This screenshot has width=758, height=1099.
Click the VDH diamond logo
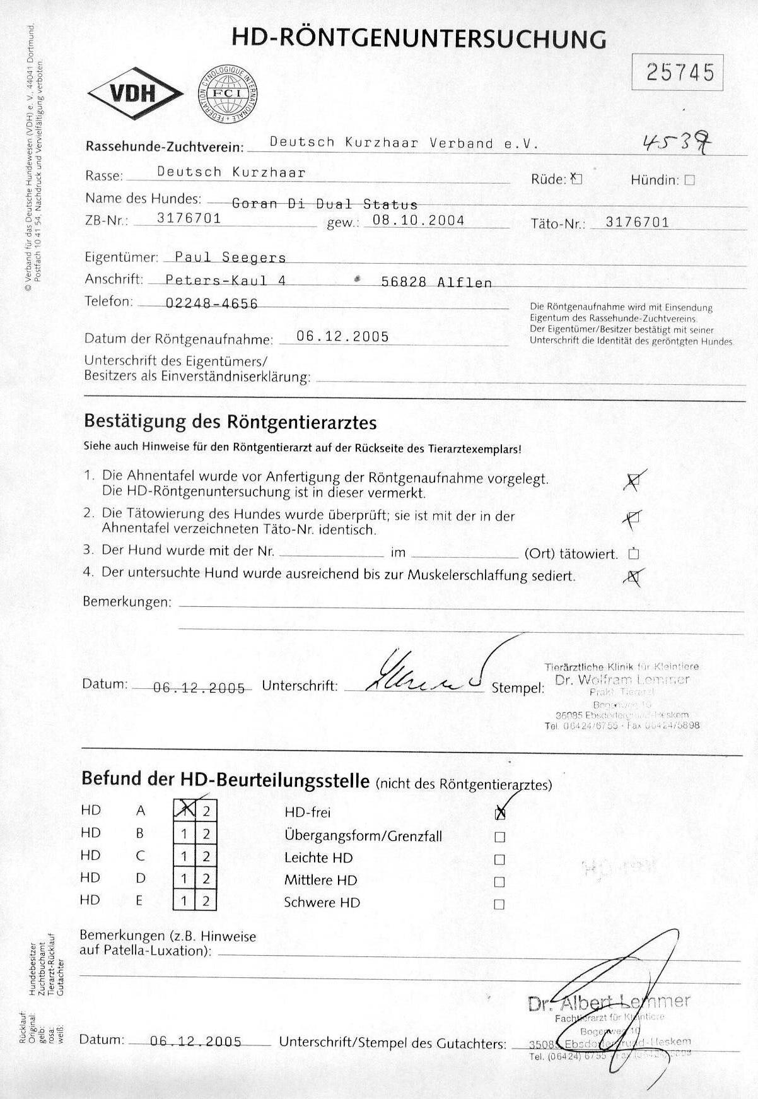coord(134,94)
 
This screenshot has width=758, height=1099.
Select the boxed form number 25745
coord(677,73)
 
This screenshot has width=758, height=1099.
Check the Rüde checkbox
coord(576,179)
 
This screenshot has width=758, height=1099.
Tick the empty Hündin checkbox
coord(689,180)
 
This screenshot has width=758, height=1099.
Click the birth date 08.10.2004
coord(419,220)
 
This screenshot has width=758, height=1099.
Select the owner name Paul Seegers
coord(230,257)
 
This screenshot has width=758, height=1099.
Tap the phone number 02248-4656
coord(211,303)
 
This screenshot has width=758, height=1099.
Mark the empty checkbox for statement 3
coord(634,555)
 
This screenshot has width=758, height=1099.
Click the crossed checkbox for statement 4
coord(633,576)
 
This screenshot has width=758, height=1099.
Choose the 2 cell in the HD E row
coord(206,901)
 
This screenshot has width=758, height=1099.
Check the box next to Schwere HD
coord(499,904)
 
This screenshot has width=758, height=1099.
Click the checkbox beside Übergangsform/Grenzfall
coord(499,837)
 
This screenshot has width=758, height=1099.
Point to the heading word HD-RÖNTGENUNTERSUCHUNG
coord(419,39)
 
